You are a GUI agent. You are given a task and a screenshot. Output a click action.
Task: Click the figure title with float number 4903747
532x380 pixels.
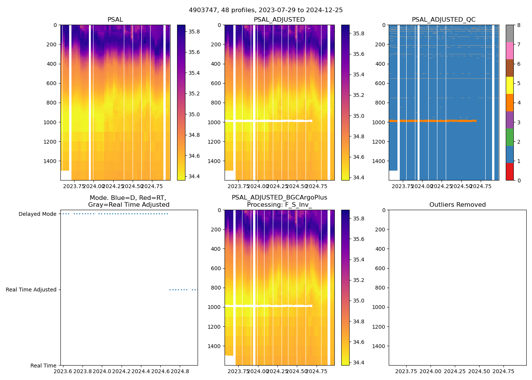(266, 10)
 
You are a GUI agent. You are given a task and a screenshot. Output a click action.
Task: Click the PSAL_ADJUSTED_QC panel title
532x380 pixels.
(443, 20)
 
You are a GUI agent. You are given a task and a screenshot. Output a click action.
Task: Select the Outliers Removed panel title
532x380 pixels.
(457, 205)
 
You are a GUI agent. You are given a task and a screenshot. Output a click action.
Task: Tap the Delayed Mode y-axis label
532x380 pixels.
(37, 214)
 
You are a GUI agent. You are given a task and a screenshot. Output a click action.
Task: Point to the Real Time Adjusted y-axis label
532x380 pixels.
(31, 290)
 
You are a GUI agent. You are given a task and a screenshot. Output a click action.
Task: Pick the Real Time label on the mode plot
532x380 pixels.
(43, 366)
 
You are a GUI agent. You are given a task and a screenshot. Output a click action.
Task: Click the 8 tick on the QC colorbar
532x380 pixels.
(519, 25)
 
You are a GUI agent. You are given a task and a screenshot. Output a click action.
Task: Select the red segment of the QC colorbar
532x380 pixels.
(510, 172)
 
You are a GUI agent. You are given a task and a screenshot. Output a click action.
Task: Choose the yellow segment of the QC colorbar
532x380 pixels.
(510, 85)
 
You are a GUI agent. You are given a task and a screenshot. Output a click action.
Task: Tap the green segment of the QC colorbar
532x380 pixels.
(510, 137)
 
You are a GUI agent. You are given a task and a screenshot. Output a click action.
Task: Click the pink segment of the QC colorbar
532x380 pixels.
(510, 51)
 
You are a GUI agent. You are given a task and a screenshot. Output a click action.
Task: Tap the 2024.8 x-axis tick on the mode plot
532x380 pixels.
(180, 371)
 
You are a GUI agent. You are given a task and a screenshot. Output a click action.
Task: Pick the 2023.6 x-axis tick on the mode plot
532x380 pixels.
(63, 371)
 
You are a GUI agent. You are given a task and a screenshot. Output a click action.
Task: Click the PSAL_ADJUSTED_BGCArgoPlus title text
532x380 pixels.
(279, 198)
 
